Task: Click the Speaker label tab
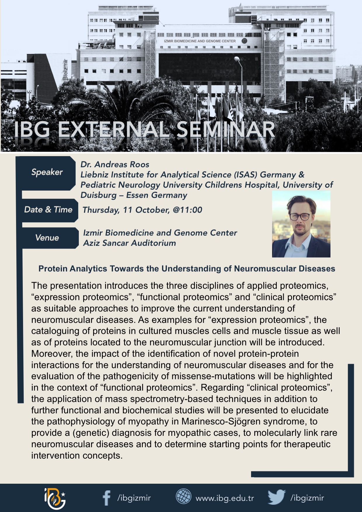pyautogui.click(x=47, y=172)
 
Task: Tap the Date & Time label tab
pyautogui.click(x=48, y=210)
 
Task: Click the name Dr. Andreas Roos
pyautogui.click(x=115, y=165)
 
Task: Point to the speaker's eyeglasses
pyautogui.click(x=299, y=217)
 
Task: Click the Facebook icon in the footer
pyautogui.click(x=107, y=498)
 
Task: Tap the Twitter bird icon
pyautogui.click(x=276, y=497)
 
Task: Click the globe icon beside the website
pyautogui.click(x=184, y=497)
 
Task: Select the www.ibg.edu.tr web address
pyautogui.click(x=225, y=498)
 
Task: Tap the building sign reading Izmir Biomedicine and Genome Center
pyautogui.click(x=200, y=41)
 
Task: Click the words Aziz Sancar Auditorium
pyautogui.click(x=129, y=243)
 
